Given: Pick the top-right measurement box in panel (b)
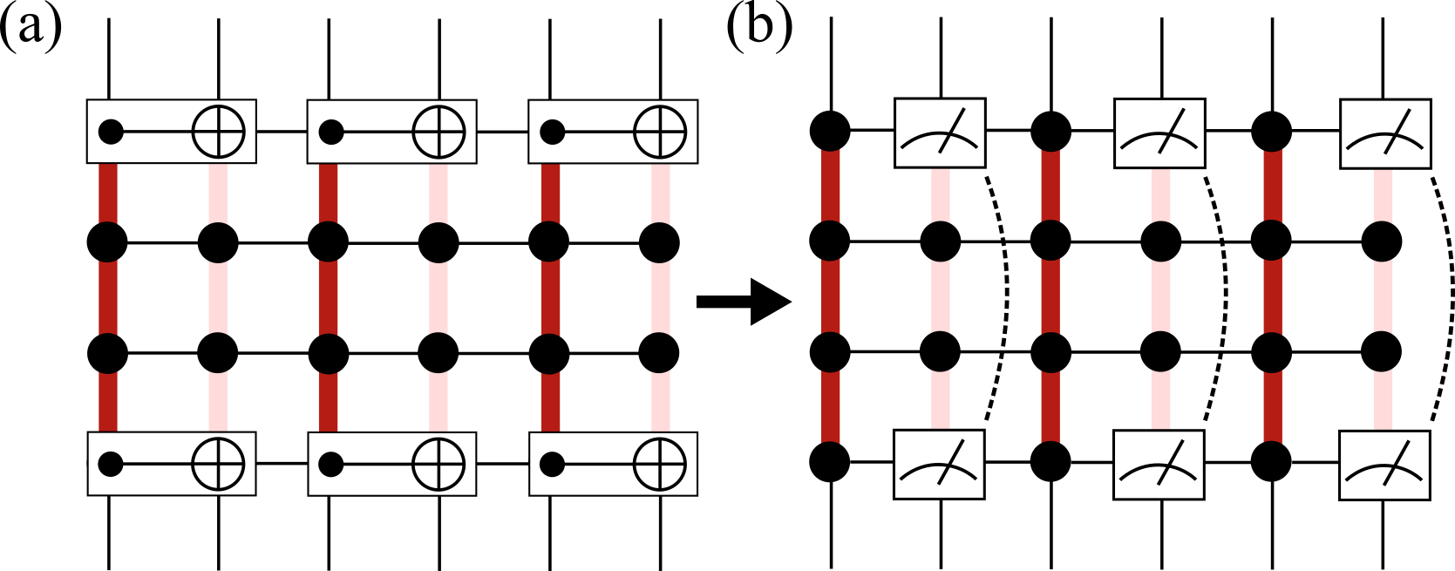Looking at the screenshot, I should tap(1384, 133).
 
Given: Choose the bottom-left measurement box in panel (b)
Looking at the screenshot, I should tap(939, 464).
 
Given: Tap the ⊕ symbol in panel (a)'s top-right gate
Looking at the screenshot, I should tap(660, 133).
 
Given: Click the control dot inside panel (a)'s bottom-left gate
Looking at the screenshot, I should tap(110, 464).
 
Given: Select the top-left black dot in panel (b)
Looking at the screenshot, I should tap(830, 131).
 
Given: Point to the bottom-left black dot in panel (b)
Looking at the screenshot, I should tap(830, 461).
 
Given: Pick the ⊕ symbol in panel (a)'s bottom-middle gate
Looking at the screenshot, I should tap(439, 464).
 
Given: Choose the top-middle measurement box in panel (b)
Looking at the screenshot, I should tap(1159, 133).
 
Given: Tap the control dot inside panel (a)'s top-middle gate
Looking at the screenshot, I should tap(330, 133).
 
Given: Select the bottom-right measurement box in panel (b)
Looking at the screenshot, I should tap(1384, 466).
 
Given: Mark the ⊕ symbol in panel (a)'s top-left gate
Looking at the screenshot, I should tap(218, 133).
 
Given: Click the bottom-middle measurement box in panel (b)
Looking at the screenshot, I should tap(1159, 466).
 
